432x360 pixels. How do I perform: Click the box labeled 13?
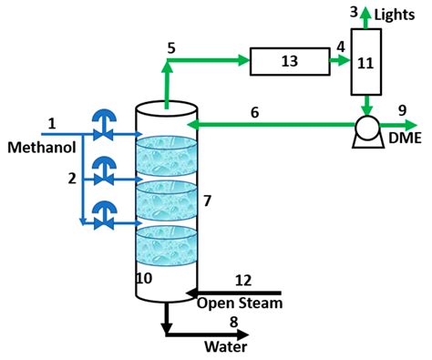point(290,63)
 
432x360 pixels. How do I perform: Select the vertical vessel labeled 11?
point(365,63)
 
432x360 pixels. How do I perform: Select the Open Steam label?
point(240,303)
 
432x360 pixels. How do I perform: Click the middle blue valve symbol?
point(107,170)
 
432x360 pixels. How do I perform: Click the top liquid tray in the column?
point(166,154)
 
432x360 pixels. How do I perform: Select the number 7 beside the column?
point(208,199)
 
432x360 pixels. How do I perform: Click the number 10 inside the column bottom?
point(144,278)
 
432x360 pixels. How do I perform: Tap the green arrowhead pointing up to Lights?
point(365,13)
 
